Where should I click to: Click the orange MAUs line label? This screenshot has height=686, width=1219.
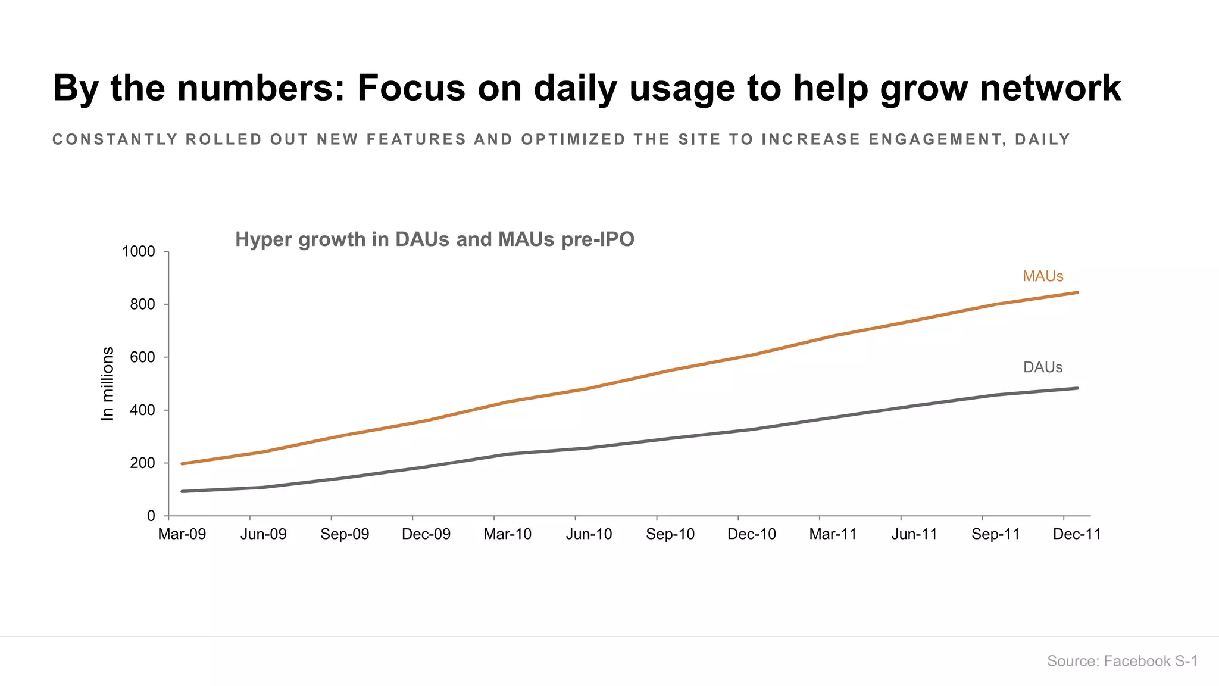coord(1043,276)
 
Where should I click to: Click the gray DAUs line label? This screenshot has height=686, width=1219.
coord(1043,367)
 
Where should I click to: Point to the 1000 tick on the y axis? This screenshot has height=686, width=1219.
coord(139,252)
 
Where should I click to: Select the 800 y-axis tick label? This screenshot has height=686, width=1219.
coord(142,305)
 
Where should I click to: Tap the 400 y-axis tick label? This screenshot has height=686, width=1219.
coord(142,410)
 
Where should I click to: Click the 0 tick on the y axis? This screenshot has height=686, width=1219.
coord(151,516)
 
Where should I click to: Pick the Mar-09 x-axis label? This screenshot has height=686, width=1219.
coord(182,534)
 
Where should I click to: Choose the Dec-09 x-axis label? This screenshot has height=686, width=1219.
coord(426,534)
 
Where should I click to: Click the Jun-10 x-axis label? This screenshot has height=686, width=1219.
coord(589,534)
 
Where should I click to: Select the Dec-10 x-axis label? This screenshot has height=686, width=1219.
coord(752,534)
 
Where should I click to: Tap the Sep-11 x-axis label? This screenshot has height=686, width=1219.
coord(996,534)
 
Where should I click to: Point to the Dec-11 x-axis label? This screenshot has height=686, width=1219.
coord(1077,534)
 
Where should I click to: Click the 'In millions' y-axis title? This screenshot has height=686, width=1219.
coord(108,383)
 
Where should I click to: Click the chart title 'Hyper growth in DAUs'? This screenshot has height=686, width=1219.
coord(435,239)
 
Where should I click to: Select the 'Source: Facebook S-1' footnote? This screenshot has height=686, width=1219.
coord(1122,661)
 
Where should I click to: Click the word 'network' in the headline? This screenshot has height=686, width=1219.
coord(1050,88)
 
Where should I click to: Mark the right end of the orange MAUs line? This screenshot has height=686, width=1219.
coord(1077,292)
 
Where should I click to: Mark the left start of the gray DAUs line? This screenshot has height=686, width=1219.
coord(182,491)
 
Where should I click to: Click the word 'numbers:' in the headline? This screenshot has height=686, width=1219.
coord(261,88)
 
